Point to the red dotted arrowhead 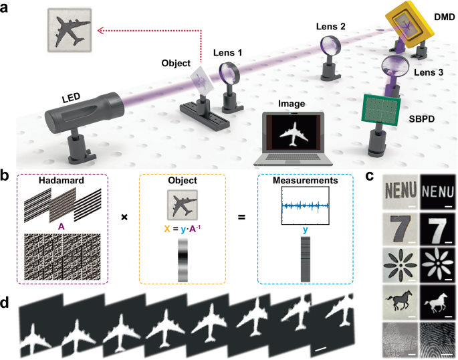point(98,29)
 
